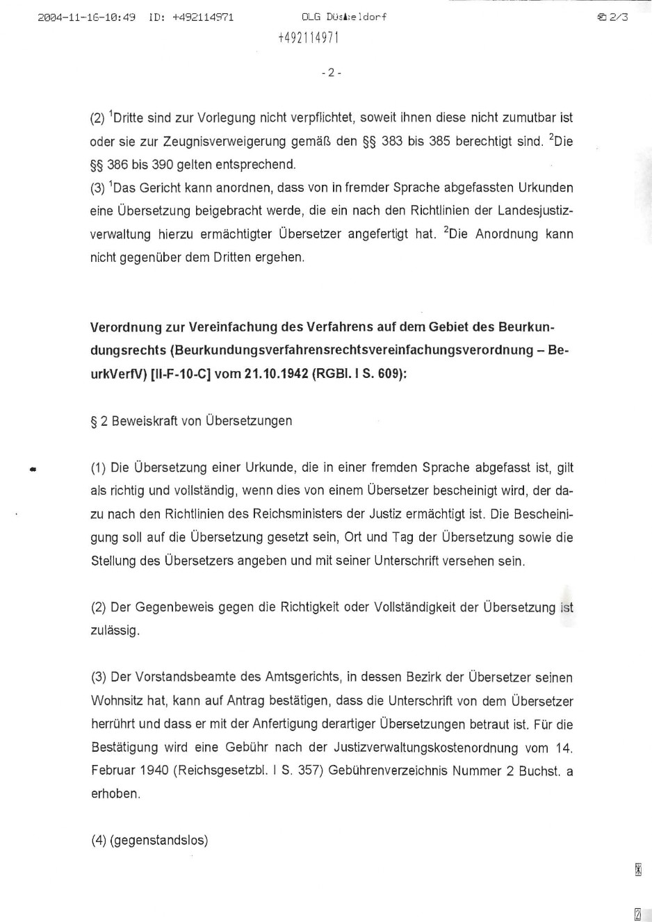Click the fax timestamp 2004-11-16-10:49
87,17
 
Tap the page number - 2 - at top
332,72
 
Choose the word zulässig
115,631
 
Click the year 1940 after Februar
154,771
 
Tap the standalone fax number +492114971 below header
308,38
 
